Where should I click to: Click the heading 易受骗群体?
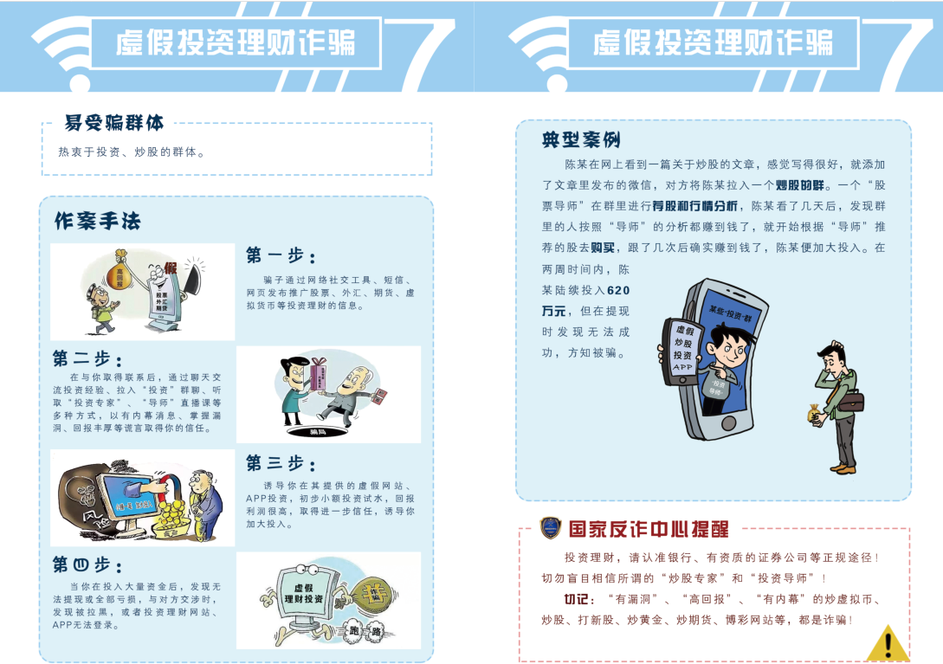coord(114,123)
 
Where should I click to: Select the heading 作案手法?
coord(97,221)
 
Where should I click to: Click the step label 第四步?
coord(87,565)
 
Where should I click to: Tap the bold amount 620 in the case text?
coord(619,291)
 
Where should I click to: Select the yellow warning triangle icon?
coord(886,643)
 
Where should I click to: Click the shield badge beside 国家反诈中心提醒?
coord(550,527)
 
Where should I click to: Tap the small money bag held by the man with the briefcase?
coord(817,416)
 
